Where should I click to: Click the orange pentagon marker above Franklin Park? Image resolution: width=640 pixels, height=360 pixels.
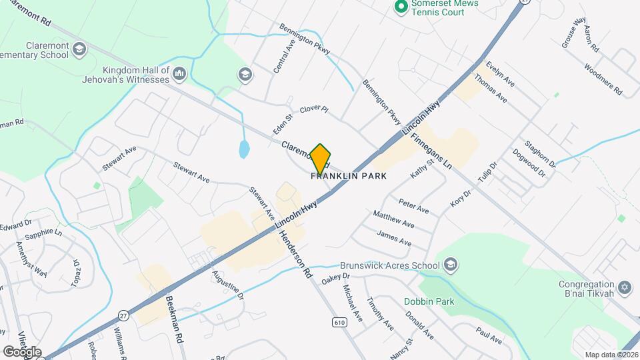click(x=321, y=159)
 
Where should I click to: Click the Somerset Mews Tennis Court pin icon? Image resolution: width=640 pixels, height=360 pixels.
click(x=401, y=7)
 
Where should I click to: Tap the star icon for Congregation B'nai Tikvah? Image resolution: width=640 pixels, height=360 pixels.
click(x=624, y=288)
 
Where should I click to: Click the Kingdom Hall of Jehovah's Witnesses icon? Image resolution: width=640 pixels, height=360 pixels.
click(x=179, y=73)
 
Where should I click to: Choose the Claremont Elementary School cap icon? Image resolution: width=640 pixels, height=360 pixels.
click(x=79, y=49)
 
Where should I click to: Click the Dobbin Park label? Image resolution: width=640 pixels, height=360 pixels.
click(x=429, y=301)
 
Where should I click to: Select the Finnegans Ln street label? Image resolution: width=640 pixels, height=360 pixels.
click(x=431, y=150)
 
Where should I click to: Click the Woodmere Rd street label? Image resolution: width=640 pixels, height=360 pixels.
click(x=603, y=79)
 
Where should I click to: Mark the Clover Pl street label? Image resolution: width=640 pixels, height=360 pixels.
click(x=315, y=109)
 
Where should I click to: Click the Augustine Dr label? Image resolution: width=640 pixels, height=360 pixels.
click(x=228, y=284)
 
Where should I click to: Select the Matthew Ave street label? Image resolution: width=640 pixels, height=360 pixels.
click(x=393, y=219)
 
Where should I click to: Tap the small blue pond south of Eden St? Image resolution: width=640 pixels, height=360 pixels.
click(x=244, y=149)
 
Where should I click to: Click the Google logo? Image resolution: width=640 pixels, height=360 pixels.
click(x=21, y=351)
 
